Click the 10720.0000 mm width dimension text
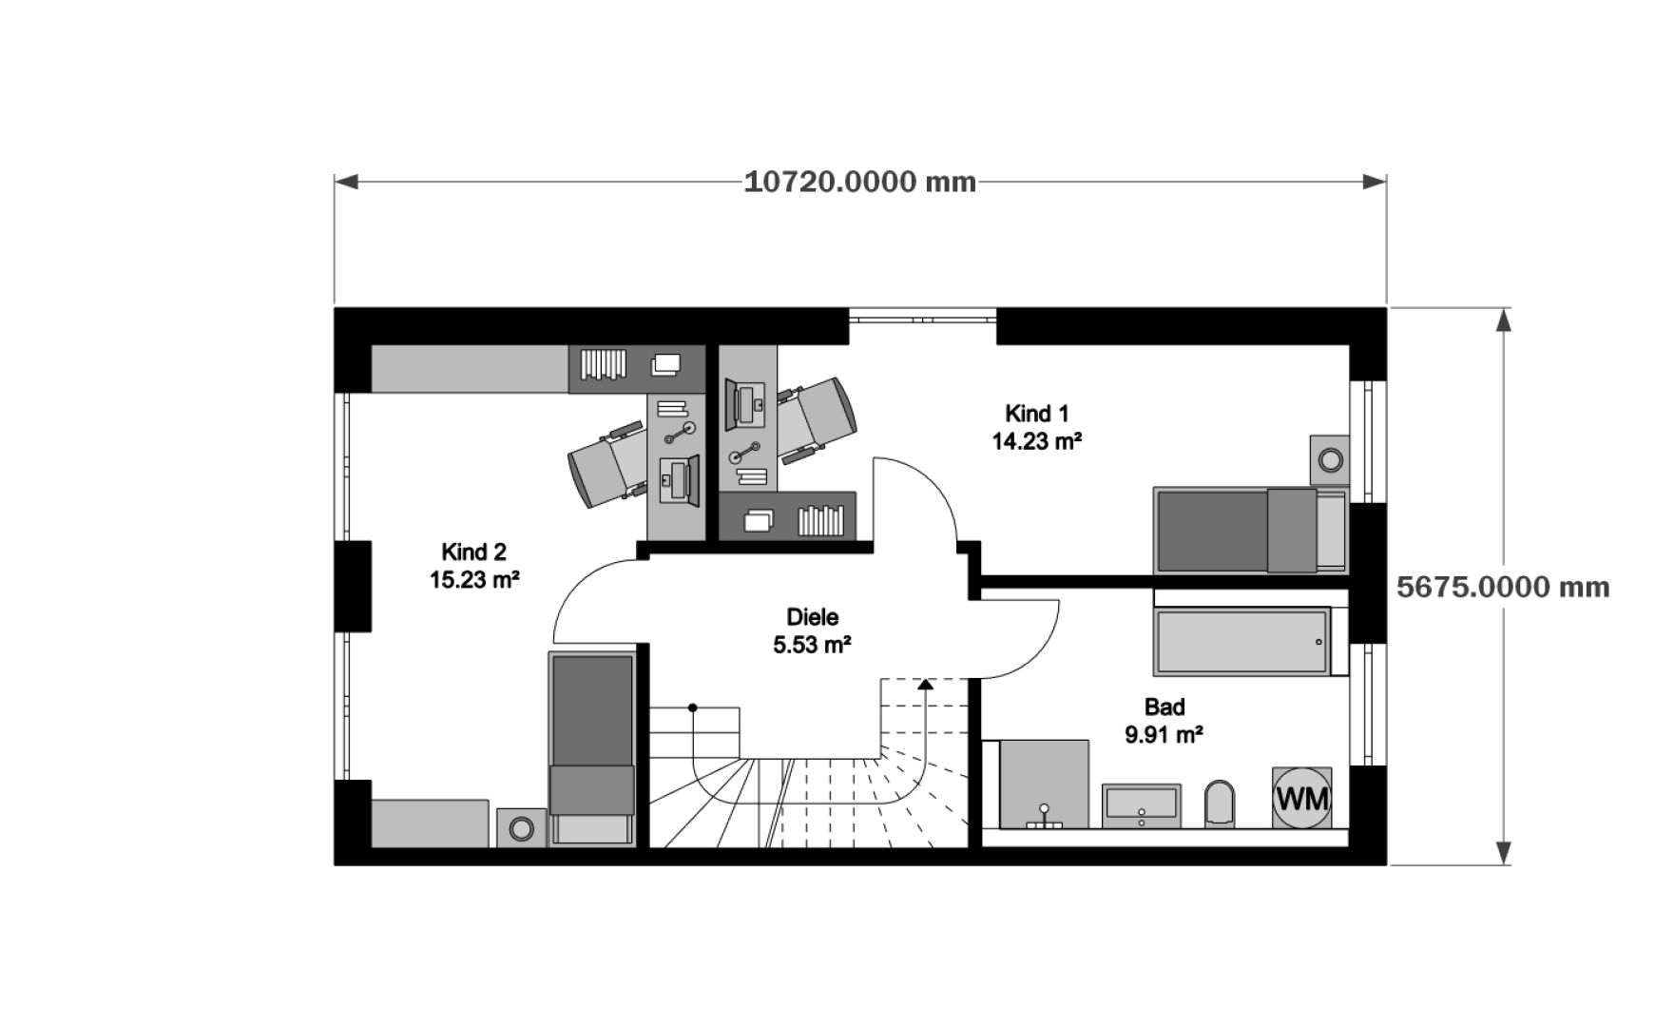coord(859,182)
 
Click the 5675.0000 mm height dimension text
coord(1503,587)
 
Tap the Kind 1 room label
coord(1037,414)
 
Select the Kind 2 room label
coord(473,552)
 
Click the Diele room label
coord(812,617)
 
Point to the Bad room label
coord(1164,707)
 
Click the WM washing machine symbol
coord(1301,798)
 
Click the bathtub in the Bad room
coord(1241,643)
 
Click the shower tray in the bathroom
coord(1044,784)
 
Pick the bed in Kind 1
coord(1247,532)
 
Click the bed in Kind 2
coord(591,747)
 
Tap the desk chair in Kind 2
coord(607,463)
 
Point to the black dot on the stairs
coord(693,707)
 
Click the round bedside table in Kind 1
coord(1329,461)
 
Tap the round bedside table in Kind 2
coord(521,828)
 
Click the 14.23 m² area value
coord(1037,441)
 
